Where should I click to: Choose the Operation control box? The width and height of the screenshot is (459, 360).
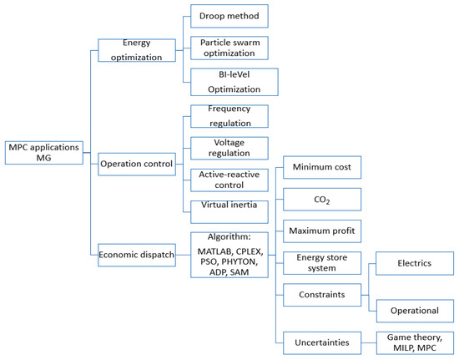click(x=136, y=164)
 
